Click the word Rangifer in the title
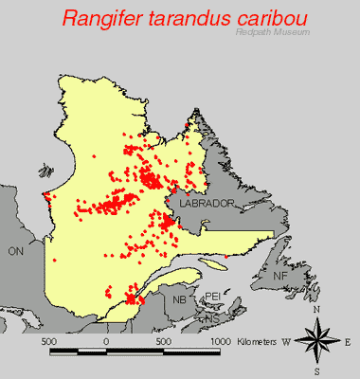tap(103, 18)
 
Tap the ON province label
tap(15, 251)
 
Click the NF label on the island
tap(280, 275)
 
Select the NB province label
tap(179, 299)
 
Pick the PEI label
tap(212, 296)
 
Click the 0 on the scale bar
tap(106, 340)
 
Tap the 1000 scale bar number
tap(221, 340)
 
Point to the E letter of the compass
tap(349, 341)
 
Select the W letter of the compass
tap(285, 341)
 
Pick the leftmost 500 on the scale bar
tap(48, 340)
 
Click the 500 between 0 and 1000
tap(163, 340)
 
